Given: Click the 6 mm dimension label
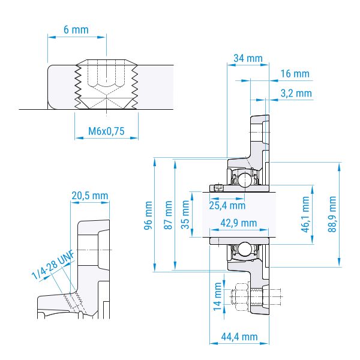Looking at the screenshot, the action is coord(76,30).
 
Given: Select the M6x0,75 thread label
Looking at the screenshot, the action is coord(106,131).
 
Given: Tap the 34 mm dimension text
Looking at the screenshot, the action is coord(248,58).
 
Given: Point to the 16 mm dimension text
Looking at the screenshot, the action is coord(295,74).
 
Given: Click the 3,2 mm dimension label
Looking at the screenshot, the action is coord(296,94).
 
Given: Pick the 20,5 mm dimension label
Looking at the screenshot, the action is coord(90,196).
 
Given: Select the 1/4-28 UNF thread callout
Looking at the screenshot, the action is coord(53,265).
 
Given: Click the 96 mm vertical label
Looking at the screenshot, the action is coord(148,215).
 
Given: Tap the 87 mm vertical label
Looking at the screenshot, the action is coord(168,215).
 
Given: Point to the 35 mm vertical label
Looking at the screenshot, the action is coord(185,215).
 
